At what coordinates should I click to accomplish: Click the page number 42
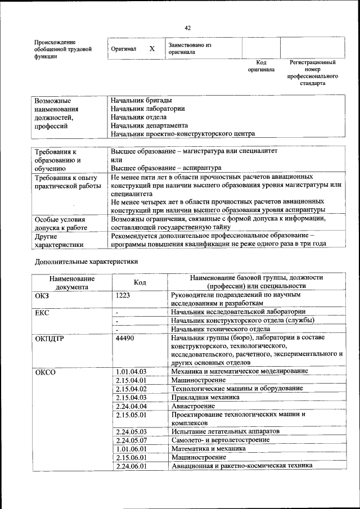(188, 28)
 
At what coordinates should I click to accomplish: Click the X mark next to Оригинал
(151, 49)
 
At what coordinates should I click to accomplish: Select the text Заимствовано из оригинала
(189, 48)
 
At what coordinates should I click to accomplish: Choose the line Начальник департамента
(149, 125)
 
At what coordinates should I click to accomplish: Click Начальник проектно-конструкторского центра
(183, 134)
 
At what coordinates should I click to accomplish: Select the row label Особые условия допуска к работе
(61, 223)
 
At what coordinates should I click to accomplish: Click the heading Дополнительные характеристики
(86, 262)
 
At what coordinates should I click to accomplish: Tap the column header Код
(140, 282)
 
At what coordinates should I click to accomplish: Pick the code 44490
(125, 337)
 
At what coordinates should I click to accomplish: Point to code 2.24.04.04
(130, 406)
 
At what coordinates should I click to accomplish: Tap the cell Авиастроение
(193, 406)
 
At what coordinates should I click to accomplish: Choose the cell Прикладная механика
(205, 397)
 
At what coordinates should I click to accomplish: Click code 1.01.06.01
(130, 449)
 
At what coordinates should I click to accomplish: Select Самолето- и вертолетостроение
(220, 440)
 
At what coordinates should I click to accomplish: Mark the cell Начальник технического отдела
(214, 329)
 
